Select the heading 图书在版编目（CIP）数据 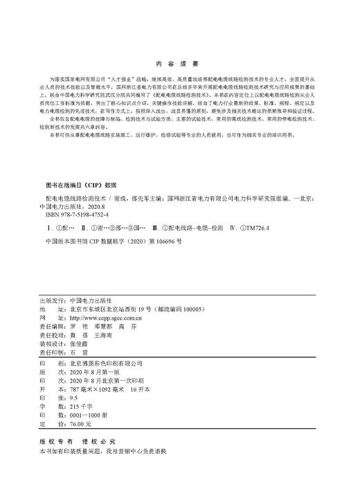[x=78, y=186]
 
